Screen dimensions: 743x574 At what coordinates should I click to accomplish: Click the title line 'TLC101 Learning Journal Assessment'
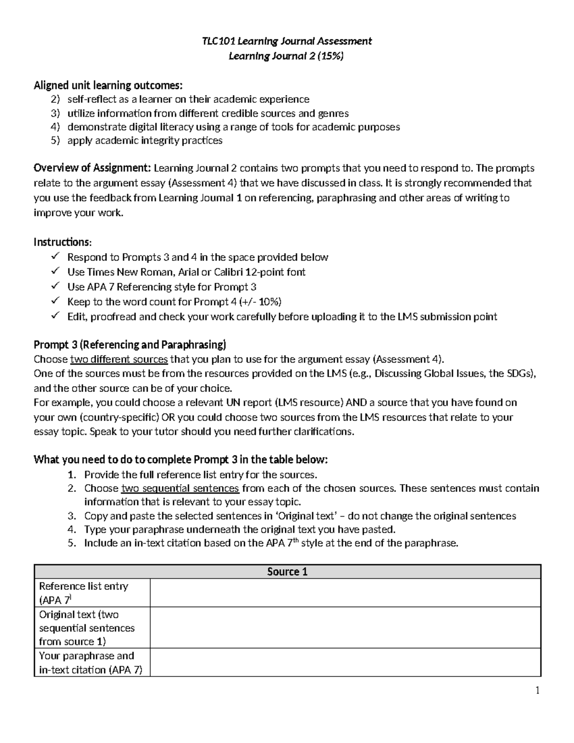pos(286,41)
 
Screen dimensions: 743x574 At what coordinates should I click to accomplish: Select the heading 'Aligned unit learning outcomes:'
pos(108,86)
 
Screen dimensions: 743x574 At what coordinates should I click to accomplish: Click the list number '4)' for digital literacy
pos(55,127)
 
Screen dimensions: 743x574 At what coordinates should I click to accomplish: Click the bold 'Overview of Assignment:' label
pos(92,168)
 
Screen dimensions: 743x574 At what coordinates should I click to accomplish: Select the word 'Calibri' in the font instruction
pos(228,272)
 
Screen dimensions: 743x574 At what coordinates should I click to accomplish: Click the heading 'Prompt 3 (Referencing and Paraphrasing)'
pos(130,345)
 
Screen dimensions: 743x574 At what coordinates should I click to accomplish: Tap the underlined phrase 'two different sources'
pos(119,360)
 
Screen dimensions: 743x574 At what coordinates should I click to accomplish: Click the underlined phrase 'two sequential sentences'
pos(180,488)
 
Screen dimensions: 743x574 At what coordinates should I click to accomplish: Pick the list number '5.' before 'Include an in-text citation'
pos(72,543)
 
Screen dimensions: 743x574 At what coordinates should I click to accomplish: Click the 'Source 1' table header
pos(287,572)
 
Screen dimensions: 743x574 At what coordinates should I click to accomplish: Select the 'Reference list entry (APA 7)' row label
pos(84,593)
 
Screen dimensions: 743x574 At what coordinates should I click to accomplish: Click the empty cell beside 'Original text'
pos(345,628)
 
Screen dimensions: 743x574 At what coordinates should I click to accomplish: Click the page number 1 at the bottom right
pos(538,690)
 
